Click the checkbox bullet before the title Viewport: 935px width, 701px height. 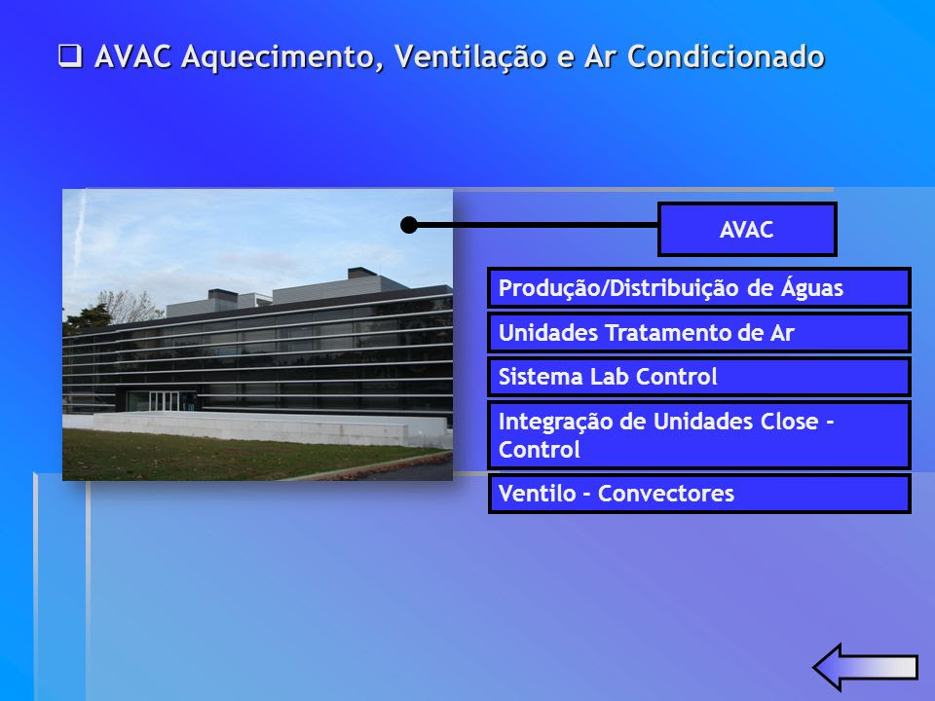pyautogui.click(x=70, y=56)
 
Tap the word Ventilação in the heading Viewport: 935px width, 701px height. pyautogui.click(x=470, y=57)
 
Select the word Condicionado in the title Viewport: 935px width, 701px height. pyautogui.click(x=726, y=56)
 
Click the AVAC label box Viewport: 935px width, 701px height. pyautogui.click(x=747, y=230)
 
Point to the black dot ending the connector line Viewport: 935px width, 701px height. pyautogui.click(x=409, y=225)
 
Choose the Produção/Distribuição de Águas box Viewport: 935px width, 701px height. pyautogui.click(x=699, y=288)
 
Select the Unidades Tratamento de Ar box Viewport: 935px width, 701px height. pyautogui.click(x=699, y=333)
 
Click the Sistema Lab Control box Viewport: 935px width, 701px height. pyautogui.click(x=699, y=377)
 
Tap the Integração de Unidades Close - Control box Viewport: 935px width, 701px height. pyautogui.click(x=699, y=434)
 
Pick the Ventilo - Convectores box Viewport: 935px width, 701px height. pyautogui.click(x=699, y=494)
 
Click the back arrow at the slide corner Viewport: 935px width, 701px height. pyautogui.click(x=865, y=667)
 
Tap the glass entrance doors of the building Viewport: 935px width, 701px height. pyautogui.click(x=164, y=400)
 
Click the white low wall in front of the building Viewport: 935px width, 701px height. pyautogui.click(x=272, y=428)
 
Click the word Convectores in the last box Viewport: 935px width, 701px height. pyautogui.click(x=666, y=494)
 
